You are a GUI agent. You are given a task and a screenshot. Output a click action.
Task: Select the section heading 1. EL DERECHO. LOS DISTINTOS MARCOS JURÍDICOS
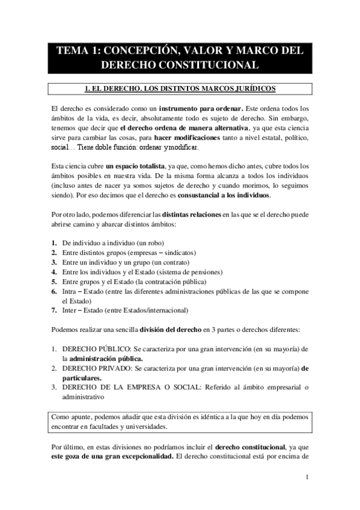pyautogui.click(x=180, y=89)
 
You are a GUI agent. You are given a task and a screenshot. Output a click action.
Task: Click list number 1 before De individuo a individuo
pyautogui.click(x=54, y=243)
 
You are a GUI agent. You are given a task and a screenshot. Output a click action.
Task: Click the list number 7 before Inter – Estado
pyautogui.click(x=54, y=310)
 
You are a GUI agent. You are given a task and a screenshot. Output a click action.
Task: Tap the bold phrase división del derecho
pyautogui.click(x=171, y=330)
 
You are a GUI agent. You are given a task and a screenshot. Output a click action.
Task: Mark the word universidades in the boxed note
pyautogui.click(x=150, y=427)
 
